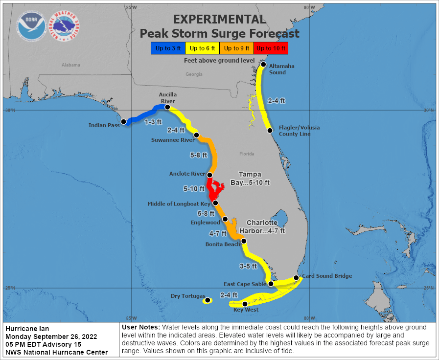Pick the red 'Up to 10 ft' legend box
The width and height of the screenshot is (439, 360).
pos(271,48)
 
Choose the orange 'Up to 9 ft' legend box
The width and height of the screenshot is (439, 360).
pos(236,48)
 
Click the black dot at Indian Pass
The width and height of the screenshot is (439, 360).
pos(124,121)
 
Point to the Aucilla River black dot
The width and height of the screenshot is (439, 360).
pos(167,107)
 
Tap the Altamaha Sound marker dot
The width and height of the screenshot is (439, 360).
pos(263,65)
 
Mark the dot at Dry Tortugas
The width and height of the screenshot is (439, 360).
pos(208,300)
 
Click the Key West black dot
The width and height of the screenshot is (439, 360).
pos(245,304)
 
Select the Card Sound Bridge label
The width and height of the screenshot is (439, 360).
pos(326,276)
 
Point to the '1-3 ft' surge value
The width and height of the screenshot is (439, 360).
pos(153,122)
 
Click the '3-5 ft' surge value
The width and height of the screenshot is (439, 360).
pos(248,266)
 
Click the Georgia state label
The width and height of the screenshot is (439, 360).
pos(194,74)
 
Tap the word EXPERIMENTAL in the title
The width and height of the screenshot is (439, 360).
pos(219,20)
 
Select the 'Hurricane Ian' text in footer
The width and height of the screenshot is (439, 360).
pos(27,328)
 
